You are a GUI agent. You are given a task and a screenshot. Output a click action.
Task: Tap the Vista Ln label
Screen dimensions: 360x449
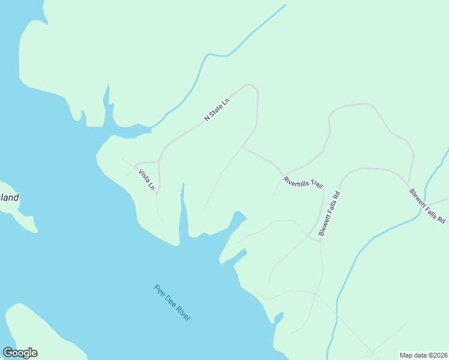(147, 180)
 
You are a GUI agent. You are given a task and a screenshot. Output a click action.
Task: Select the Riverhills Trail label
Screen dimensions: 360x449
(303, 181)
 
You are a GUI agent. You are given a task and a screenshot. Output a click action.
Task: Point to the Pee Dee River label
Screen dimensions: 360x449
(172, 302)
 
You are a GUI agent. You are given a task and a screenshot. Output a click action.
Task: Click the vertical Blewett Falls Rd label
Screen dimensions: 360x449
(330, 213)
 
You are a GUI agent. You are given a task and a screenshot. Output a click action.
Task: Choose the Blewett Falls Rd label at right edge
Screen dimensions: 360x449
(427, 206)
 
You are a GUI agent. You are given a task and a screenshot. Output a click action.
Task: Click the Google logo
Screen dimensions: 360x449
(20, 353)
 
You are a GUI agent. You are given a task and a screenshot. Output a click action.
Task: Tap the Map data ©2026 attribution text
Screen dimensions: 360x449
(423, 355)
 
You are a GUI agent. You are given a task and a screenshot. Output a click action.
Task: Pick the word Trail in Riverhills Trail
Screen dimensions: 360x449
(316, 184)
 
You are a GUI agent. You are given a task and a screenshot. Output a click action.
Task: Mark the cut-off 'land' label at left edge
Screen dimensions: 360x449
(9, 197)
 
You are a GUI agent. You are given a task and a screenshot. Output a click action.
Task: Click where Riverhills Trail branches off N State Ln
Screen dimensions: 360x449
(242, 146)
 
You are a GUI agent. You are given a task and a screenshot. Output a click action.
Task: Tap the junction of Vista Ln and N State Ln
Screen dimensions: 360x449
(158, 162)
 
